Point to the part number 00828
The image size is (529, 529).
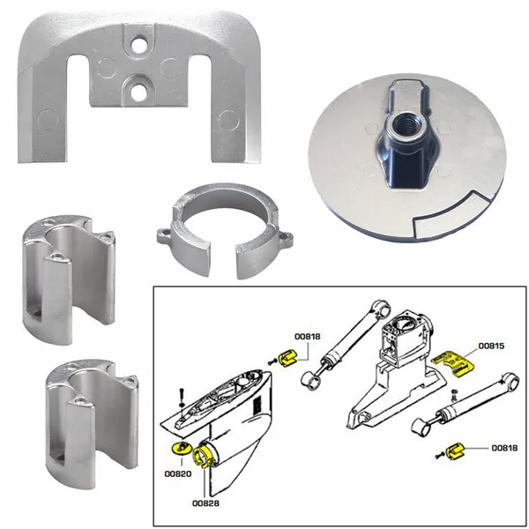point(205,503)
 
